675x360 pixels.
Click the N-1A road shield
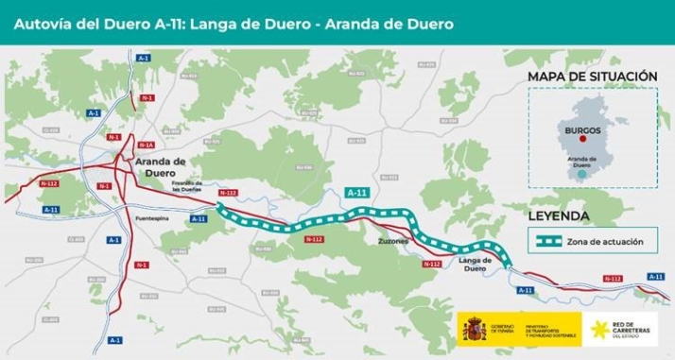click(146, 146)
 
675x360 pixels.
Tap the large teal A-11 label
click(356, 193)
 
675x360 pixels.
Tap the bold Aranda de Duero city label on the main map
click(164, 166)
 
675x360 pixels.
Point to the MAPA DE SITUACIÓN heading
click(591, 75)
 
